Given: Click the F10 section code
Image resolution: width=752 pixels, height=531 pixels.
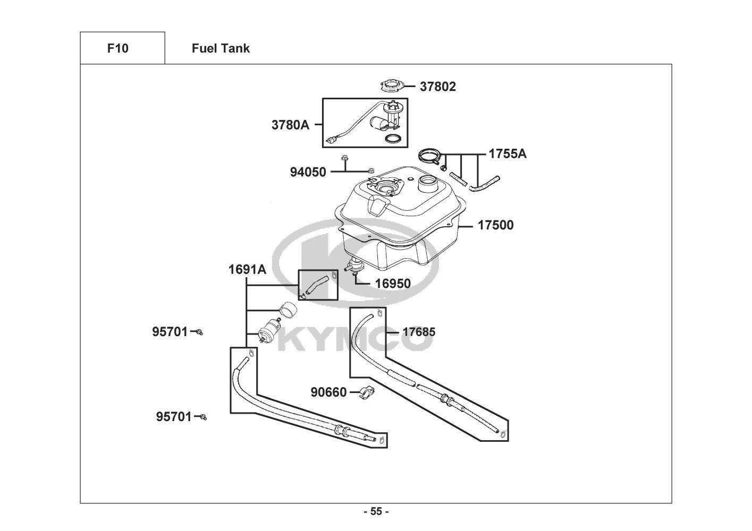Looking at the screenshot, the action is (x=117, y=48).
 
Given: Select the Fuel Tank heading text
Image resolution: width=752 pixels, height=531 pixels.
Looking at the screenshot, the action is (x=221, y=48).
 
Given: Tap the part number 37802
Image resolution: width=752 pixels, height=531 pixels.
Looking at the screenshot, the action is (x=438, y=87).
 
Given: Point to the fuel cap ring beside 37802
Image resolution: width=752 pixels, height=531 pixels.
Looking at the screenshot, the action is (x=392, y=85).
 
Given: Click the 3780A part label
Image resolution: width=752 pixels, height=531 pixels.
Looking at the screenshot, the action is (x=290, y=125).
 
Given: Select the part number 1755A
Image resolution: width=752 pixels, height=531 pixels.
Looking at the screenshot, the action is (x=508, y=153).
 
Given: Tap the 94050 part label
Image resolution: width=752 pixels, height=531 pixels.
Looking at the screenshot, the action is (x=308, y=172).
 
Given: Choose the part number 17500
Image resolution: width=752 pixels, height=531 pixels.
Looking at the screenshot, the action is (x=495, y=225).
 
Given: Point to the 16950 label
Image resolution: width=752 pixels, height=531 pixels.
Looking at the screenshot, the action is (x=393, y=284).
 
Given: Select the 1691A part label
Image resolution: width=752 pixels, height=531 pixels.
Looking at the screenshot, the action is (x=248, y=269).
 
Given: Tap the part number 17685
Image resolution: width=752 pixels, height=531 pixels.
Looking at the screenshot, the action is (x=419, y=332).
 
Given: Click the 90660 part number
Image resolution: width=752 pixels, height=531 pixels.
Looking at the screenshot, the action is (x=328, y=392).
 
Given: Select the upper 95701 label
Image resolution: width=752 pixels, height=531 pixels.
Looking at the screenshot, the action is (x=170, y=332).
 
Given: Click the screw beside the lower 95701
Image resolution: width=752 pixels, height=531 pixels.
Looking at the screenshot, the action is (x=204, y=417).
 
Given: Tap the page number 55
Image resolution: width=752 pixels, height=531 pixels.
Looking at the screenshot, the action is (x=376, y=511).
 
